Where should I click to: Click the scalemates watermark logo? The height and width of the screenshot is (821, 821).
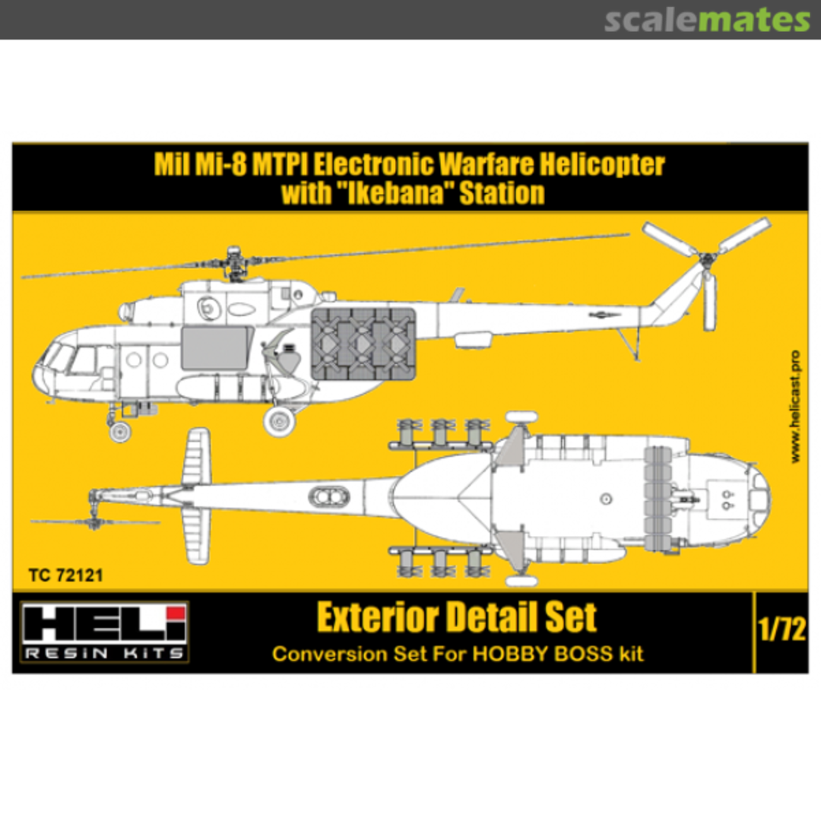(707, 21)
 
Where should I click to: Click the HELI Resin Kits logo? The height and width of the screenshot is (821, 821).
(101, 632)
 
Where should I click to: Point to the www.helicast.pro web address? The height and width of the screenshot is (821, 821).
(795, 407)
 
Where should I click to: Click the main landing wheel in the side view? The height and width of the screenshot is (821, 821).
(280, 420)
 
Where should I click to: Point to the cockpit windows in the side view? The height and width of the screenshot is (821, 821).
(68, 359)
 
